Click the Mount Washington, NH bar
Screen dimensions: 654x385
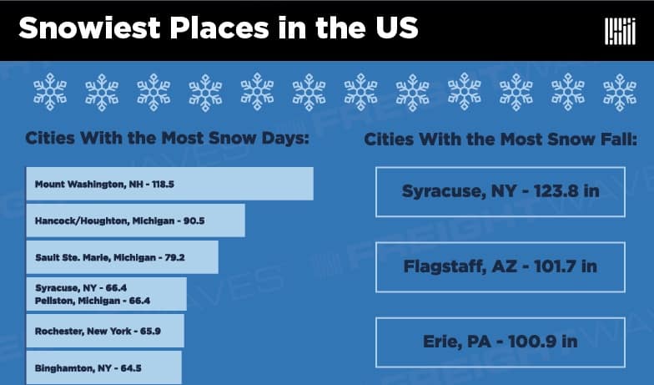(x=170, y=184)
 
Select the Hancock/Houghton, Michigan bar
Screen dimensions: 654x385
(x=135, y=220)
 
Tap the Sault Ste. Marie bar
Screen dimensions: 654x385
(x=122, y=257)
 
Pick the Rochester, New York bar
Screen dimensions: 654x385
(x=105, y=331)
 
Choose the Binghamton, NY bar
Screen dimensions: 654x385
(x=103, y=367)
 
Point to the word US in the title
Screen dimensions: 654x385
(x=397, y=28)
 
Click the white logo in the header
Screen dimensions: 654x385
(x=621, y=32)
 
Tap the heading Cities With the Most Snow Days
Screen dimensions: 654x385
(x=167, y=138)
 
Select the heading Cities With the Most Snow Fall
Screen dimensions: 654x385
(x=501, y=139)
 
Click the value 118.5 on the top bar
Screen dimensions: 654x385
(x=163, y=184)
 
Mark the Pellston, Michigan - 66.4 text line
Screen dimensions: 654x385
(x=93, y=301)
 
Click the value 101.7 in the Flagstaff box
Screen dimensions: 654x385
(x=553, y=266)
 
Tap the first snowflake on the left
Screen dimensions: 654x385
(x=50, y=92)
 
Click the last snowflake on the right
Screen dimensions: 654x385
(x=620, y=92)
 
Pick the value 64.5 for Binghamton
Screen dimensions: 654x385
(x=131, y=368)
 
